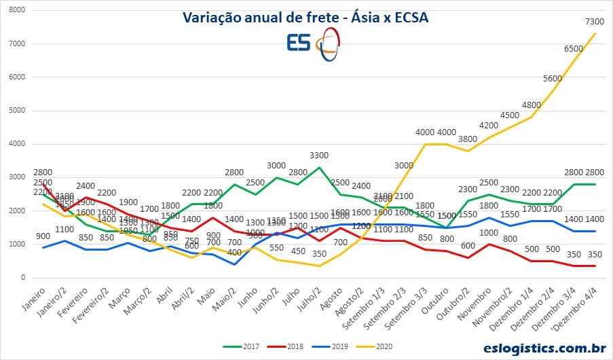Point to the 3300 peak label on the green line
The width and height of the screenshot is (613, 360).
pos(318,156)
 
